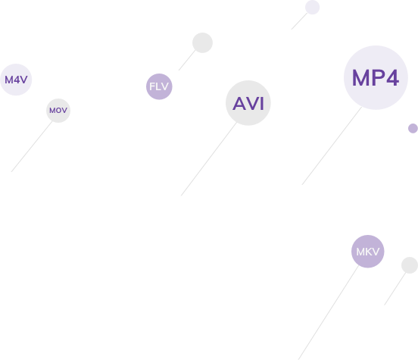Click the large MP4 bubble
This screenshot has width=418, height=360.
click(376, 77)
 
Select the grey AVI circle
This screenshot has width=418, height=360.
click(248, 103)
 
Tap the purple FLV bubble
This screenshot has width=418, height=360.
click(159, 86)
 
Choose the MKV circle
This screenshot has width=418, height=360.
click(368, 252)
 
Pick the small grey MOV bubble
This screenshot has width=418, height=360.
click(58, 111)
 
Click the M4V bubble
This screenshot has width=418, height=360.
click(16, 80)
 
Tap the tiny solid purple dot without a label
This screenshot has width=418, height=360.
click(413, 128)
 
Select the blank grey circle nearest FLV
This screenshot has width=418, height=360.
click(202, 42)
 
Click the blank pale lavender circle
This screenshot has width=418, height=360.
click(313, 8)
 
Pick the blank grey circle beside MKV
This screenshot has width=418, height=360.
click(410, 265)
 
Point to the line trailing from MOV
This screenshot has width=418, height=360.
click(32, 146)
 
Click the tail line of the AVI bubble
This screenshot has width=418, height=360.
click(209, 159)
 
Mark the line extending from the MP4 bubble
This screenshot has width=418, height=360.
click(332, 146)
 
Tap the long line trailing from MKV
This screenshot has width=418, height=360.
click(329, 313)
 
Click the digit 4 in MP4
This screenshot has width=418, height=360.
click(392, 78)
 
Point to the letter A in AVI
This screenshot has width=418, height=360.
click(239, 104)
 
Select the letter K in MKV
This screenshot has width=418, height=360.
click(368, 252)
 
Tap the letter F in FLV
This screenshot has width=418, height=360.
click(152, 86)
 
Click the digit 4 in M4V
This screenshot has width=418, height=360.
click(16, 80)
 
